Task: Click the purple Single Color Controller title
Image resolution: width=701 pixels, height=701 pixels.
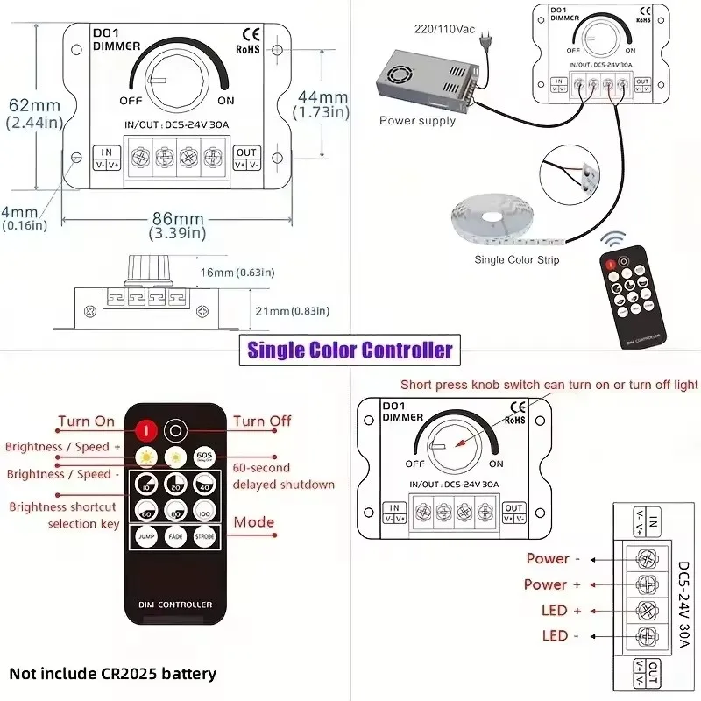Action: (x=350, y=350)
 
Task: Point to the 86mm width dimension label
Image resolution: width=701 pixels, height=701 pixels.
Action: (x=179, y=219)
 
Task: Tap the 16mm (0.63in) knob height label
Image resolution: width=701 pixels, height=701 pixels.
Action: (x=231, y=273)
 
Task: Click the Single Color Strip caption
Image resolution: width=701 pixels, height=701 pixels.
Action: (x=516, y=259)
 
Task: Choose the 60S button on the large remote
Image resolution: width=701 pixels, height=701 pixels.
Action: (x=205, y=456)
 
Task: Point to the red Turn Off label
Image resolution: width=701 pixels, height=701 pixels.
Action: (x=262, y=421)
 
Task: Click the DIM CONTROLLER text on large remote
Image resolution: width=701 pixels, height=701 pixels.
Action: (x=175, y=605)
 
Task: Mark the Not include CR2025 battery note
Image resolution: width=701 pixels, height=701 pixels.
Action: (x=112, y=674)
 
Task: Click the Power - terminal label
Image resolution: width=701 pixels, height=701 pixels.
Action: (x=548, y=558)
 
